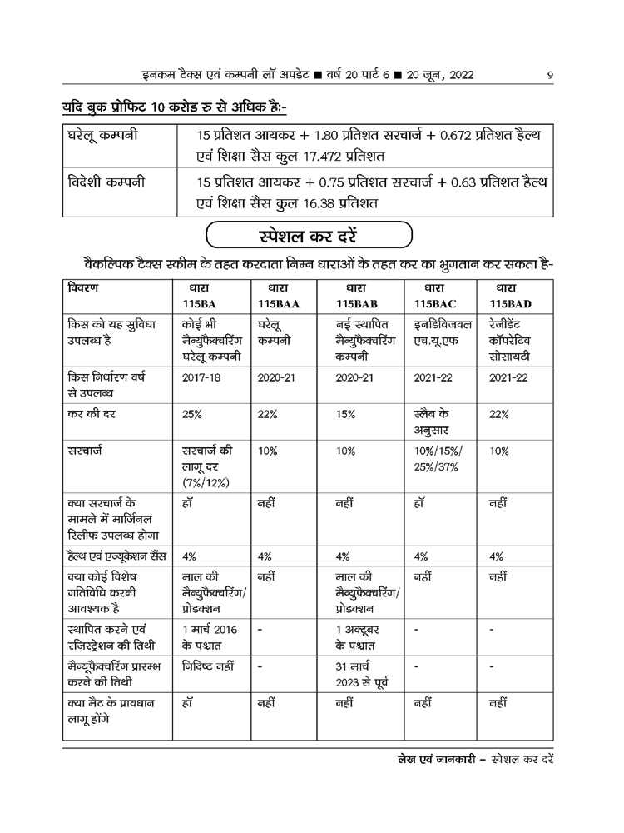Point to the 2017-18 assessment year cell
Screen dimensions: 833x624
[x=198, y=376]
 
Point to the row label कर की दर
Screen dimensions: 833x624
[x=94, y=413]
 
